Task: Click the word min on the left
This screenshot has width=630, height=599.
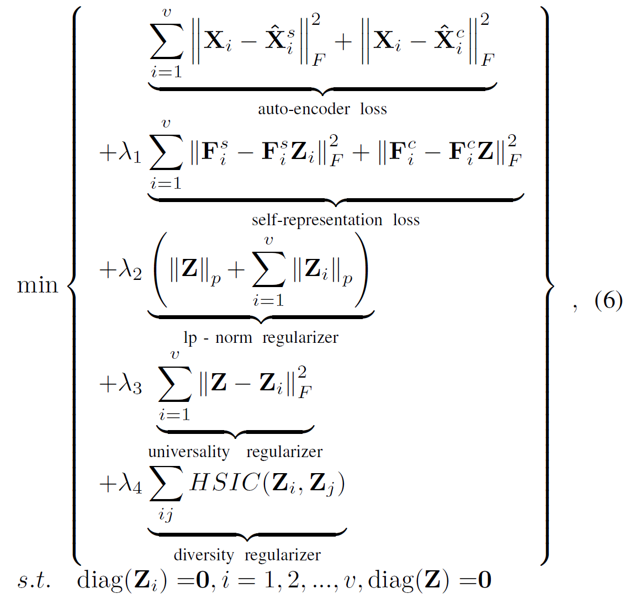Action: coord(38,285)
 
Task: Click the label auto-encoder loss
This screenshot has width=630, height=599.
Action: coord(322,109)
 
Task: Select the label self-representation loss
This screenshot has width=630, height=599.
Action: coord(336,220)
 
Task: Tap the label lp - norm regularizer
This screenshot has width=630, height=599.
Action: coord(261,337)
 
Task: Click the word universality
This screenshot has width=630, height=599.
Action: coord(188,452)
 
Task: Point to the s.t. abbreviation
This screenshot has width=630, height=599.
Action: coord(34,580)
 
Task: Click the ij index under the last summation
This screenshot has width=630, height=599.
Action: coord(165,515)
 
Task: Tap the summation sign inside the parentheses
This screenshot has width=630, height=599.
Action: coord(268,271)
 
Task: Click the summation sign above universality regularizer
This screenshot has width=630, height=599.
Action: coord(174,385)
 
